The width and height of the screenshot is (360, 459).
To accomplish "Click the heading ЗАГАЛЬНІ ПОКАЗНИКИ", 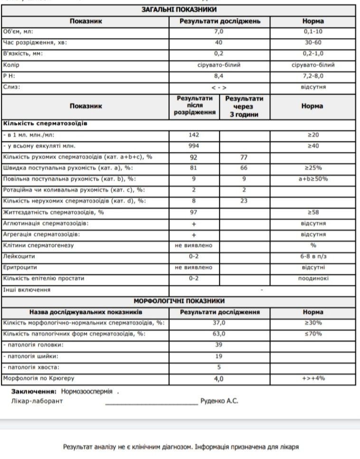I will click(x=180, y=10).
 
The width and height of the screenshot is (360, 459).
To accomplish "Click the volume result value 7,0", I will click(x=218, y=32).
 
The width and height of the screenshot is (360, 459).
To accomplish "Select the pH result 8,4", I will click(x=218, y=76).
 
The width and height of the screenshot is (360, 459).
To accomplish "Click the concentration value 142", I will click(x=193, y=135).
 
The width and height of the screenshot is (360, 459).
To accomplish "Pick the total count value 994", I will click(x=193, y=146).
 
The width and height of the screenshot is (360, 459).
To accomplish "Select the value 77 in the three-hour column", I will click(x=244, y=157).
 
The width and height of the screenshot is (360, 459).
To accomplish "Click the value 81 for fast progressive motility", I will click(x=193, y=168).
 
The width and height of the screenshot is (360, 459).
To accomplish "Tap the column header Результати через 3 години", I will click(x=244, y=106).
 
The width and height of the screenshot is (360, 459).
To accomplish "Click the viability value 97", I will click(x=193, y=212).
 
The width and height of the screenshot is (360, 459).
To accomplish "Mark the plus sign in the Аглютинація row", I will click(x=194, y=224).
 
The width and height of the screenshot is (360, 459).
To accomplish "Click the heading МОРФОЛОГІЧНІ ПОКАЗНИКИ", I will click(x=179, y=301).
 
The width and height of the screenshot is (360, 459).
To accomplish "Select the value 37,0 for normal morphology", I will click(x=218, y=323).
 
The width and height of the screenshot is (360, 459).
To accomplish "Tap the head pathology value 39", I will click(x=218, y=345).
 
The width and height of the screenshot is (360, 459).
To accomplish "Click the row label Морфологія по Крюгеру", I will click(x=39, y=378).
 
